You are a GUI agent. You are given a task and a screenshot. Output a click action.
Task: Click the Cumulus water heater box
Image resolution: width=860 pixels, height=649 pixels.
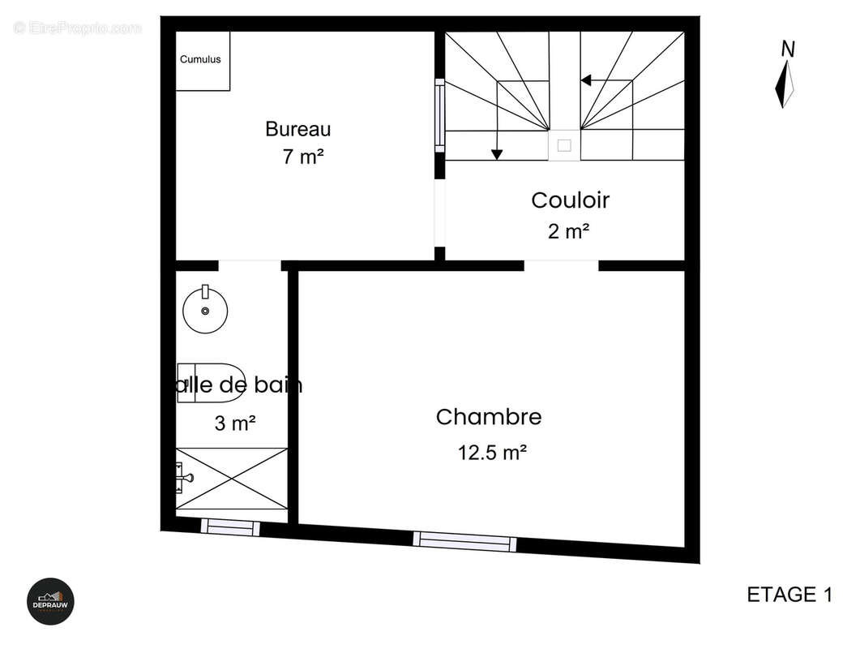point(203,61)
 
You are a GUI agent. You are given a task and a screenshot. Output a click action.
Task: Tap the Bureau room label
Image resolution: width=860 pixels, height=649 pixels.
point(298,129)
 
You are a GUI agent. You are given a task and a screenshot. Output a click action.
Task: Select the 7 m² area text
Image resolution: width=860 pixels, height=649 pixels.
point(303,157)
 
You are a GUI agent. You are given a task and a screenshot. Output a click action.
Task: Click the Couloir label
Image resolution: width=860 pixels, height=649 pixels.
point(570,200)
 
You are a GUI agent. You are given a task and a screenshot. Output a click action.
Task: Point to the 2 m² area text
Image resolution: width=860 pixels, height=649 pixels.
point(568,232)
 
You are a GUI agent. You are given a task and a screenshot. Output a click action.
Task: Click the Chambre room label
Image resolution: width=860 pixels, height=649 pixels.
point(489,417)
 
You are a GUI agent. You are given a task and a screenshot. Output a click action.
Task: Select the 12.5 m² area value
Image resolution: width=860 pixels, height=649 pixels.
point(492,453)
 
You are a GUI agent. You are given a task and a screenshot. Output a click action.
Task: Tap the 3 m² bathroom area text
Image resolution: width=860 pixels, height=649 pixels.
point(235,423)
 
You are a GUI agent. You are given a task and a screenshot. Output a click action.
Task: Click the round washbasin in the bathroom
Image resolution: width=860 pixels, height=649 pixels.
point(205,310)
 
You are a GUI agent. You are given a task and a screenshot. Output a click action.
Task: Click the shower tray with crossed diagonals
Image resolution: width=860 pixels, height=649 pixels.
point(232,479)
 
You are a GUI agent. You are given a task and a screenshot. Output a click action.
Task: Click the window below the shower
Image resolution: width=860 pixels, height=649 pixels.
point(230,527)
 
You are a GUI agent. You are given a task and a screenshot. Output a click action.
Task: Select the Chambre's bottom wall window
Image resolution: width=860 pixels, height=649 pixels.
point(464,541)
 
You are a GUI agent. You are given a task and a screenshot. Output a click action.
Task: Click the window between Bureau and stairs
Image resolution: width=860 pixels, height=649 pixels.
point(439,114)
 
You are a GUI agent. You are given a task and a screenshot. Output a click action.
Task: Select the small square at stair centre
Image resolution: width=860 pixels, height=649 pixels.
point(564,145)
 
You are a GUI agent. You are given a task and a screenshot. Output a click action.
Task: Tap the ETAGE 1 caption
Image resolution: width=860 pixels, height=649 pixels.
point(789,595)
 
